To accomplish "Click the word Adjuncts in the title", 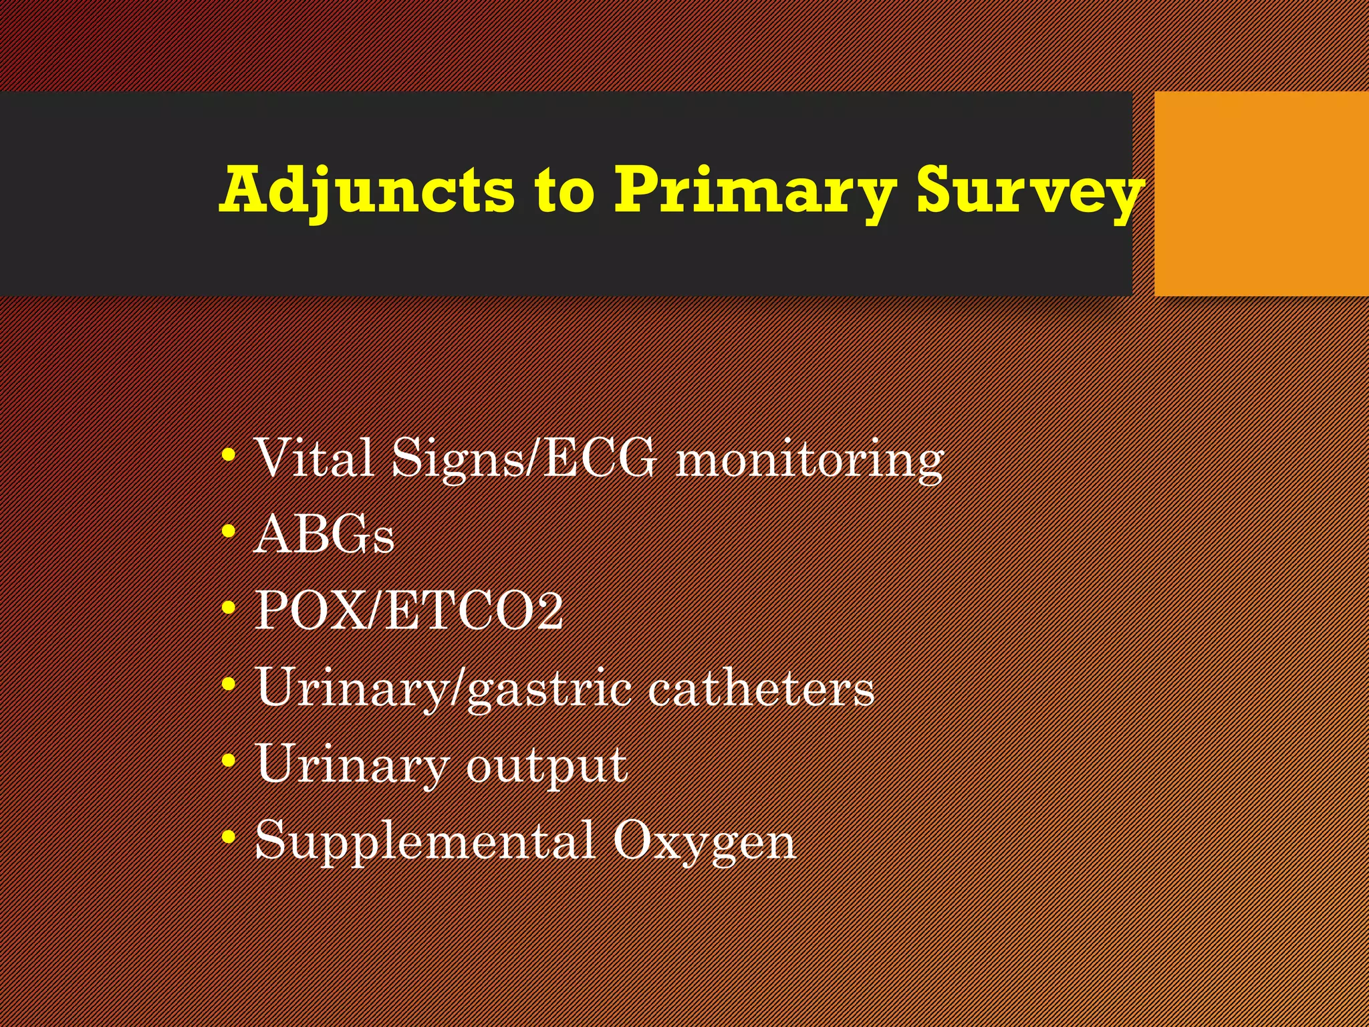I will [367, 190].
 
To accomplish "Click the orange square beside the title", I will [1261, 194].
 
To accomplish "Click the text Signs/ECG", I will [524, 459].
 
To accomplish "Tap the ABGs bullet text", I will [324, 535].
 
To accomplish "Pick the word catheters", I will [761, 687].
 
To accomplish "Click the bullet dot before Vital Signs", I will [229, 456].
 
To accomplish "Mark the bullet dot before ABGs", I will [229, 532].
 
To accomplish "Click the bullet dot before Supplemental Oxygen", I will [229, 836].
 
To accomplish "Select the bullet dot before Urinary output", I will [229, 761].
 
